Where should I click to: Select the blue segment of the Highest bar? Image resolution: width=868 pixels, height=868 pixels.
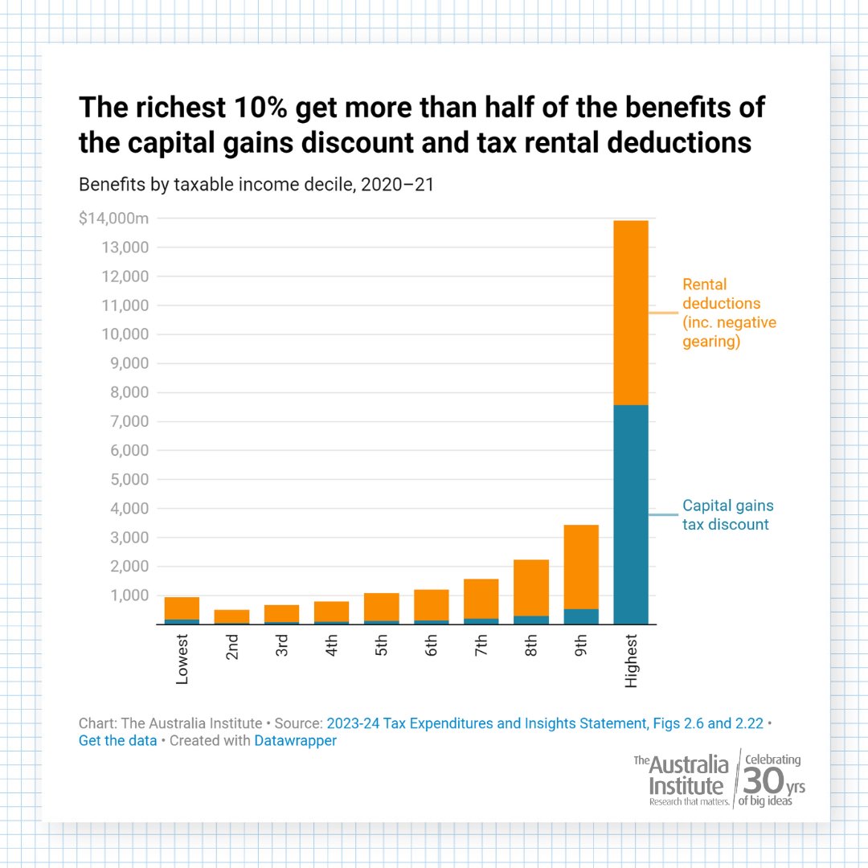pyautogui.click(x=630, y=514)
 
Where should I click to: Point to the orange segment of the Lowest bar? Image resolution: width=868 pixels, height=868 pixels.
pyautogui.click(x=182, y=608)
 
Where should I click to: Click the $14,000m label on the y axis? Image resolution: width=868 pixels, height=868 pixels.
pyautogui.click(x=114, y=219)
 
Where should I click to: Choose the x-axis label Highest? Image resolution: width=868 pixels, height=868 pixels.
pyautogui.click(x=631, y=661)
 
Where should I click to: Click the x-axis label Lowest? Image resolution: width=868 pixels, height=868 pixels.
pyautogui.click(x=182, y=659)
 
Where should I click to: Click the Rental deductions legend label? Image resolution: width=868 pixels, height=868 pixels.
pyautogui.click(x=729, y=313)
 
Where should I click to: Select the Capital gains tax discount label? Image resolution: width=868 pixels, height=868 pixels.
pyautogui.click(x=727, y=515)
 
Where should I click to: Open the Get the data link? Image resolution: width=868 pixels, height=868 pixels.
pyautogui.click(x=117, y=741)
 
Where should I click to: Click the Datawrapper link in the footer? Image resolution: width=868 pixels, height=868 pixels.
pyautogui.click(x=295, y=741)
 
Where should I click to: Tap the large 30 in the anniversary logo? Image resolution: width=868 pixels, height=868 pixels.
pyautogui.click(x=760, y=780)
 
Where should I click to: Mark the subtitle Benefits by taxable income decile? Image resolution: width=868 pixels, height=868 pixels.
pyautogui.click(x=256, y=184)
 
